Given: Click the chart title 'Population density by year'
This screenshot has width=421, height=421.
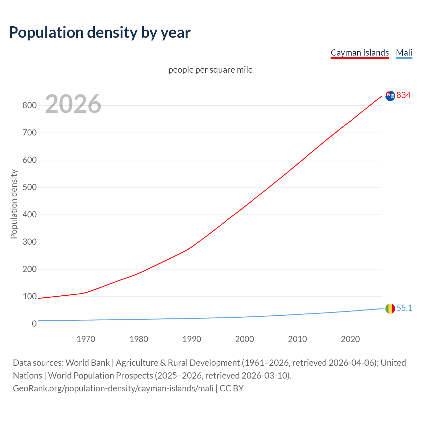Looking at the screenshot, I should tap(100, 32).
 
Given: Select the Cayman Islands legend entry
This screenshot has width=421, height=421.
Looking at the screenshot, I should tap(359, 53).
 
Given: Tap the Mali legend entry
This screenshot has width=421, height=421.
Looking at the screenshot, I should tap(404, 53).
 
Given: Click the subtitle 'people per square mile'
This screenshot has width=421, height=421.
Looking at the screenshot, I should tap(210, 70).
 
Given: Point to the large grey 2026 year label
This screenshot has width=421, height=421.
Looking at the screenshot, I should tap(73, 104).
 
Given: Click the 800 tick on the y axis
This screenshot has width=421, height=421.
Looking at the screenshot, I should tap(29, 106).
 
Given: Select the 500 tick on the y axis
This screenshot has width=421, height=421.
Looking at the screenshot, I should tap(29, 187).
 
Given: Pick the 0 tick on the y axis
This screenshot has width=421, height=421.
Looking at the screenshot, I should tap(34, 324).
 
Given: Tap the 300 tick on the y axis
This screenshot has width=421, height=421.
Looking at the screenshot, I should tap(29, 242).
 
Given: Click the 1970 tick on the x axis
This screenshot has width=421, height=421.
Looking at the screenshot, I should tap(86, 339).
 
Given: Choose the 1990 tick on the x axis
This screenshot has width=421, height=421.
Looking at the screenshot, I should tap(192, 339).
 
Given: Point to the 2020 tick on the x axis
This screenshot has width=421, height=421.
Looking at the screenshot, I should tap(350, 339).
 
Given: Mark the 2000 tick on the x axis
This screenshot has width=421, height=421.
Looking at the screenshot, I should tap(245, 339).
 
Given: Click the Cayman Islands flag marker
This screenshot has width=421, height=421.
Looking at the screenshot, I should tap(390, 96).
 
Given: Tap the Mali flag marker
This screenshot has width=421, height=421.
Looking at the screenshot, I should tap(390, 309).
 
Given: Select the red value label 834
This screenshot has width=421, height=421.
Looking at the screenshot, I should tap(404, 95).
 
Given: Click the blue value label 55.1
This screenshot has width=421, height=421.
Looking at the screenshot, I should tap(404, 308).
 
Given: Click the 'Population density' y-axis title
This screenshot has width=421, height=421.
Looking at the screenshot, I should tap(14, 204).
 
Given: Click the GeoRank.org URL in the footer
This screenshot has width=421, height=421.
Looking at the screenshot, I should tap(113, 388).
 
